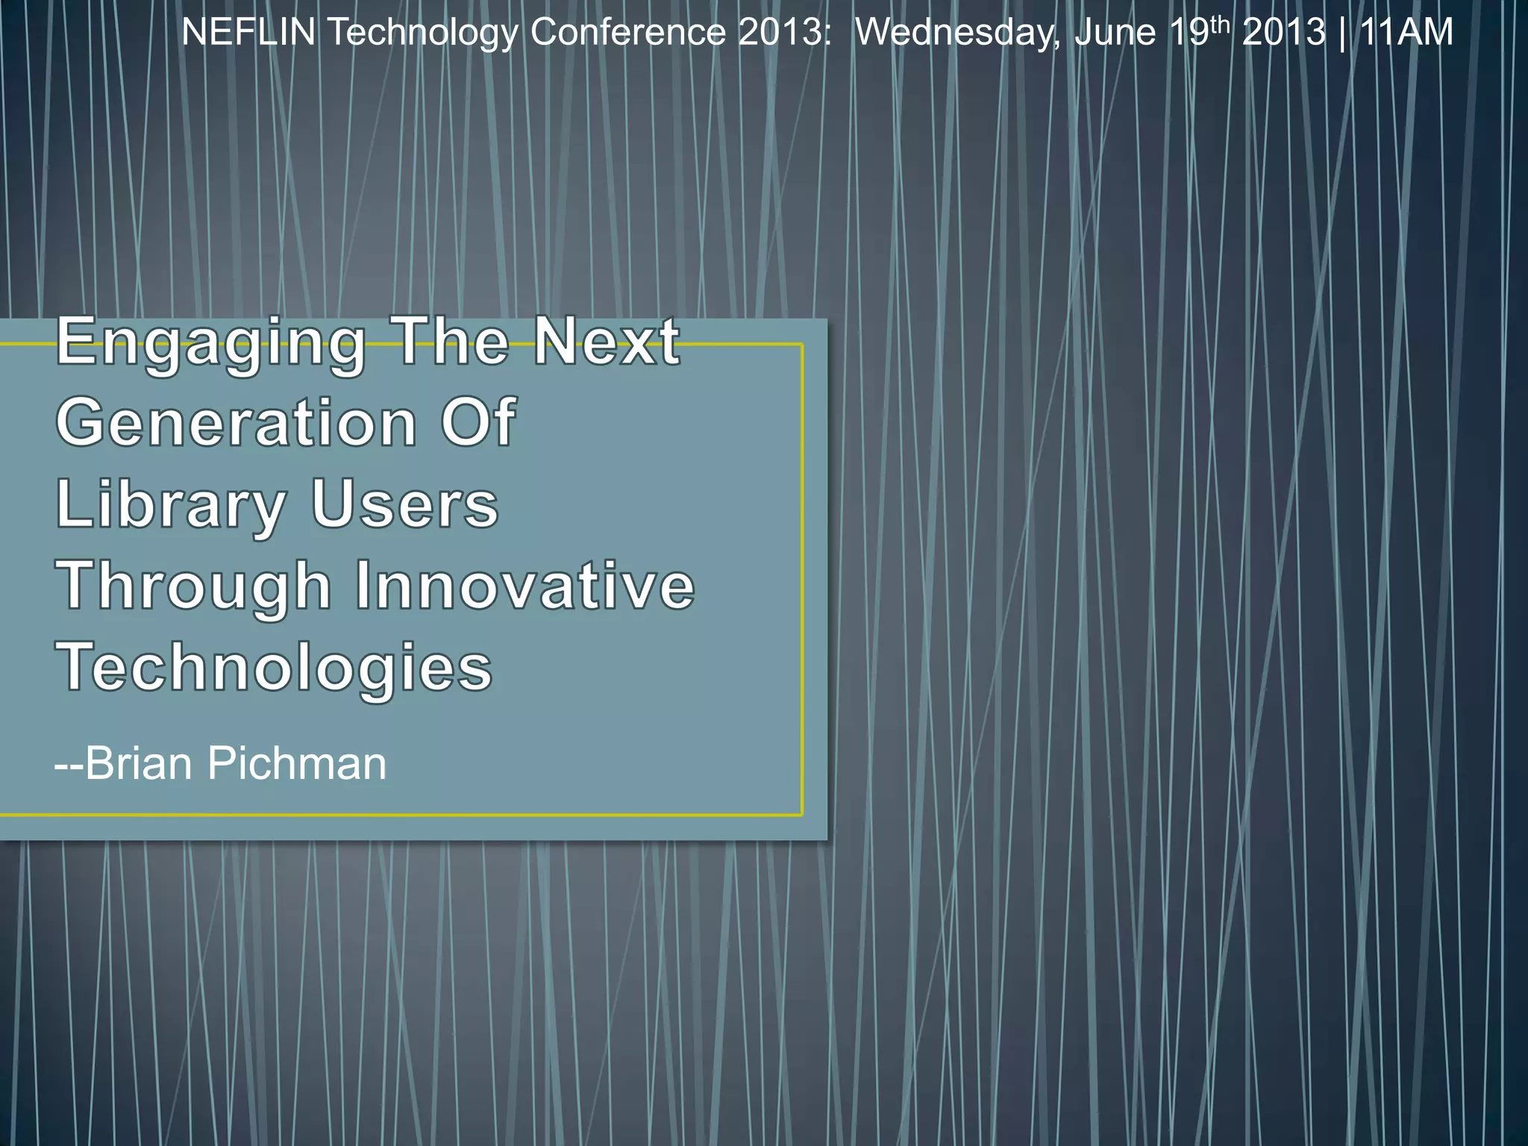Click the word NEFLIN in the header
click(248, 33)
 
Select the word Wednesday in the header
click(958, 33)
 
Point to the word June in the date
click(1115, 33)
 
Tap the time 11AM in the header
click(1406, 33)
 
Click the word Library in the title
click(171, 506)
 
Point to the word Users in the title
click(404, 504)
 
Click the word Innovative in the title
click(525, 586)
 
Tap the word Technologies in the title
click(274, 668)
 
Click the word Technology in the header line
click(422, 33)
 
